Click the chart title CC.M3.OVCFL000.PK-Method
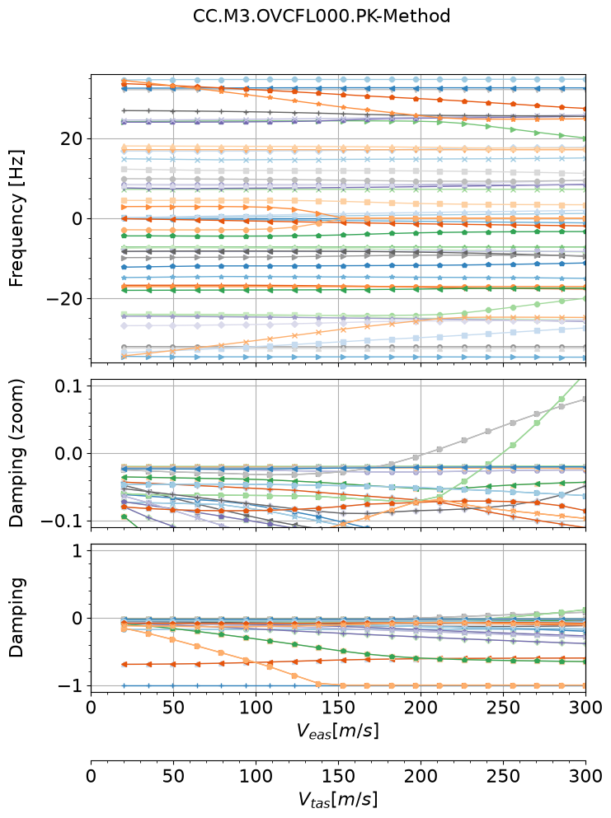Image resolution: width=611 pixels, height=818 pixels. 322,16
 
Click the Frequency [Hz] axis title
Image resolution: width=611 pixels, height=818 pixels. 16,218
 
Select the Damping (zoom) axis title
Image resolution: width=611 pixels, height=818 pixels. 16,453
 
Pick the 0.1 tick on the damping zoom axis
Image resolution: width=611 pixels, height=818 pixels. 70,386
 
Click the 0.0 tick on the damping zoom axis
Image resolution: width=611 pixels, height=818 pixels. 69,453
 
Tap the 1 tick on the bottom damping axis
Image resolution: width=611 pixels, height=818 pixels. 78,551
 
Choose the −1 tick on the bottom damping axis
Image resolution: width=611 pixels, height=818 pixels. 70,686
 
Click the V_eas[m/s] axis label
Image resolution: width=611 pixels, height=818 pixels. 338,732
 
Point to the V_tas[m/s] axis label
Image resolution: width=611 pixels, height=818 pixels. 338,799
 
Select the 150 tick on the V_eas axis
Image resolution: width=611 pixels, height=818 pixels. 338,708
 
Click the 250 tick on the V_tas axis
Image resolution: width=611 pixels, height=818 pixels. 504,776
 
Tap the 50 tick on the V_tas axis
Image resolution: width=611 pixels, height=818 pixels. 173,776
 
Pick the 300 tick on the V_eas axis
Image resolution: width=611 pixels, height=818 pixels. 586,708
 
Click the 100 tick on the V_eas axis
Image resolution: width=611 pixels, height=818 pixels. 256,708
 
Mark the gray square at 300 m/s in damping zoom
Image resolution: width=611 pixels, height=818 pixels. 585,399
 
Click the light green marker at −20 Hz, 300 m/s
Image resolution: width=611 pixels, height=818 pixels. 585,298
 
